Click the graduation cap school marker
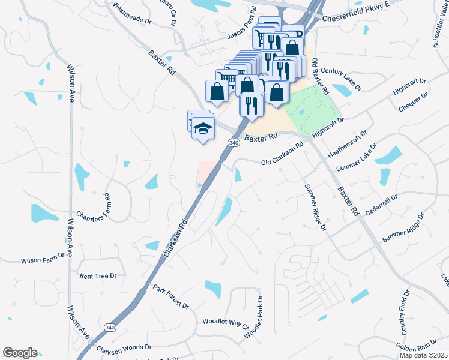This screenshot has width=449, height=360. [x=203, y=128]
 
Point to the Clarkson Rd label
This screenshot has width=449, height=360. [x=175, y=238]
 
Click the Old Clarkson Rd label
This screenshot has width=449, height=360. [x=283, y=155]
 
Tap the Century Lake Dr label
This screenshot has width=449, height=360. [x=341, y=79]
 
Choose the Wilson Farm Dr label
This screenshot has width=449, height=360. [x=43, y=259]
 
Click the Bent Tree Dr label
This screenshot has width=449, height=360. [x=97, y=275]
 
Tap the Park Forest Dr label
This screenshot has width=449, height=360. [x=170, y=297]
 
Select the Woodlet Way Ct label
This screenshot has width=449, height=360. [x=225, y=323]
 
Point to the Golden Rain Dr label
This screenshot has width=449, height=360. [x=420, y=346]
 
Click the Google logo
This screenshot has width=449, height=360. [x=20, y=353]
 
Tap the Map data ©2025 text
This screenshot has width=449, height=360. [x=423, y=355]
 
